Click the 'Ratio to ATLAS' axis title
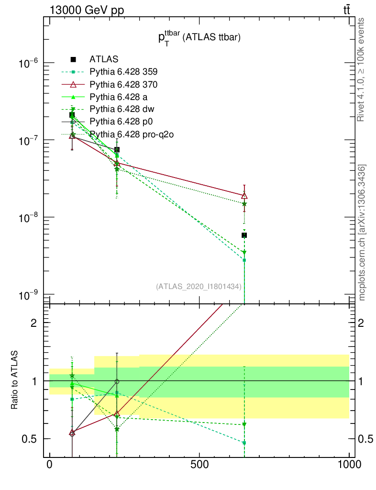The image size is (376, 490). tap(16, 380)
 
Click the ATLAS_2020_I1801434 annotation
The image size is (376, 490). tap(199, 287)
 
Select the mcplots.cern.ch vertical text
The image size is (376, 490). tap(362, 232)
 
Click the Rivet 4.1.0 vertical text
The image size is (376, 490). tap(362, 69)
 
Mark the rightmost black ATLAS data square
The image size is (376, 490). tap(244, 235)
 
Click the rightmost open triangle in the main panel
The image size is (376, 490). tap(244, 195)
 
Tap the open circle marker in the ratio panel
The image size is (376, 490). tap(117, 382)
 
